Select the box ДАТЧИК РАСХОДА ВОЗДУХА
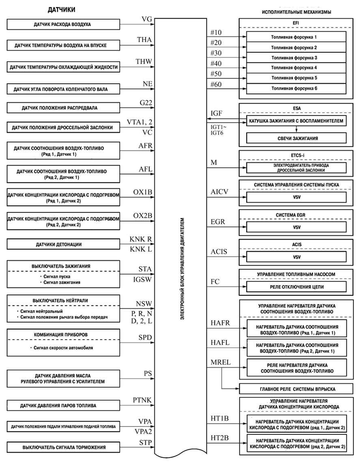tap(64, 24)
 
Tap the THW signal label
tap(144, 62)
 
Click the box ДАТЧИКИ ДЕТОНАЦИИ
tap(64, 245)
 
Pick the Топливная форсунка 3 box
tap(296, 58)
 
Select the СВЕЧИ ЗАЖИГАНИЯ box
tap(296, 138)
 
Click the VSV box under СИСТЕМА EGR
tap(296, 227)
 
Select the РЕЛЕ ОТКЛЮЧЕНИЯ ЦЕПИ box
tap(296, 287)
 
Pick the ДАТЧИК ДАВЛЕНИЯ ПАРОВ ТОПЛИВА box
tap(64, 405)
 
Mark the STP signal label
tap(144, 442)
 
